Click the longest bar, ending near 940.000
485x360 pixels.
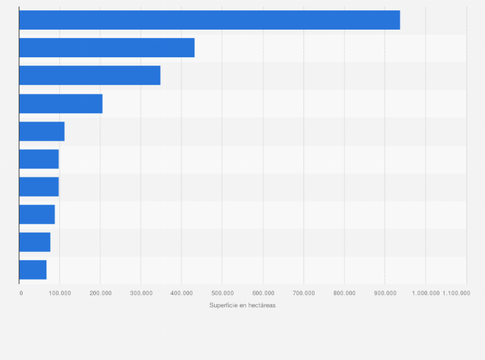pos(209,20)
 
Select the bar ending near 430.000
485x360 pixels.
pos(107,48)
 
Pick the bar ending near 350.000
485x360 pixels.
pos(89,75)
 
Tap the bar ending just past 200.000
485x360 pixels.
pos(60,104)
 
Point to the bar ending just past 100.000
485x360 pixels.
pos(42,131)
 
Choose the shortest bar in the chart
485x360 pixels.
pos(33,270)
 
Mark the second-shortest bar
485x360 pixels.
pos(35,242)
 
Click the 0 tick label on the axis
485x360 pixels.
pos(21,293)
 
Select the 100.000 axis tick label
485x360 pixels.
pos(60,293)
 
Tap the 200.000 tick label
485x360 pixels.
pos(100,293)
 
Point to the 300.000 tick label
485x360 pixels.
pos(141,293)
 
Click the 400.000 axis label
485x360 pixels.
pos(181,293)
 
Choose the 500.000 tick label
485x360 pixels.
pos(222,293)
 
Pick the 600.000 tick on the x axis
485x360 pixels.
pos(262,293)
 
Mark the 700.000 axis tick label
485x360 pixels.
pos(304,293)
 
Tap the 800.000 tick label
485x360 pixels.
pos(344,293)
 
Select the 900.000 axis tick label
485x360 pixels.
pos(385,293)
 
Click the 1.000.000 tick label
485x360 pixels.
pos(425,293)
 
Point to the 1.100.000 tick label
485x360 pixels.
pos(456,293)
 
